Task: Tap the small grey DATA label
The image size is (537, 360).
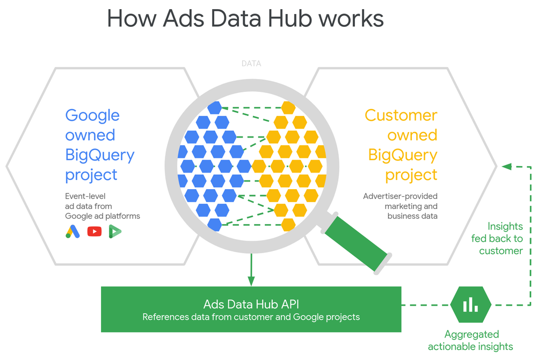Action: [x=251, y=63]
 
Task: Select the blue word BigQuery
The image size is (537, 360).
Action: [x=100, y=155]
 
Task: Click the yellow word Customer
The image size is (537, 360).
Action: [x=401, y=116]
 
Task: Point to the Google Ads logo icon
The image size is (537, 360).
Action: [x=72, y=231]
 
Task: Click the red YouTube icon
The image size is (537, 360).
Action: [x=94, y=232]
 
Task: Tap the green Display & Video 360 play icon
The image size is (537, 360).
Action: [x=115, y=232]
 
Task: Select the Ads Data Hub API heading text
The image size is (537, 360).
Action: [x=251, y=305]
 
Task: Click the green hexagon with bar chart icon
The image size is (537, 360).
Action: [x=470, y=304]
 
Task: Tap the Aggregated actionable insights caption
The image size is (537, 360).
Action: [x=470, y=340]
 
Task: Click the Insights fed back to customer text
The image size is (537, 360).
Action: [x=497, y=239]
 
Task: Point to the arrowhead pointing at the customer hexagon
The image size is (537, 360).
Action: [x=506, y=167]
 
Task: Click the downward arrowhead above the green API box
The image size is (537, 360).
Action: [x=251, y=280]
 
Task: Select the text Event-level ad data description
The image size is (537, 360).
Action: [x=103, y=206]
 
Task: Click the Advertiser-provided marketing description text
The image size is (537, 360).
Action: [x=400, y=206]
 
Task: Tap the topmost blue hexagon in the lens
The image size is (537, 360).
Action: [x=215, y=107]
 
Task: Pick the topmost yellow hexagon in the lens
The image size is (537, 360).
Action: [x=288, y=108]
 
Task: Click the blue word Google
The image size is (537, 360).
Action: [x=92, y=116]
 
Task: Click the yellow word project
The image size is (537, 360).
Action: [x=411, y=175]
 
